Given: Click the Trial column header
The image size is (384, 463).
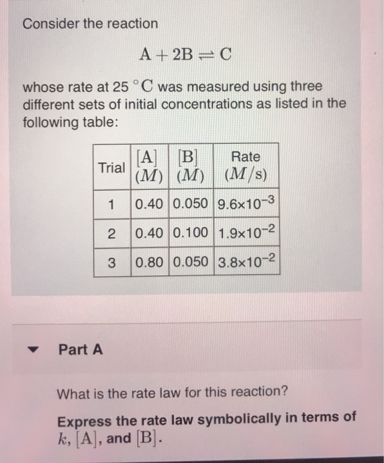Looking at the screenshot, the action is coord(111,167).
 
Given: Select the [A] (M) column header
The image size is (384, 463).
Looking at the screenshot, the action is coord(150,167).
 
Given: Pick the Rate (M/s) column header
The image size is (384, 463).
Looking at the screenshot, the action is coord(245,167).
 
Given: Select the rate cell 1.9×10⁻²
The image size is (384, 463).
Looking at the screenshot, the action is coord(245,233).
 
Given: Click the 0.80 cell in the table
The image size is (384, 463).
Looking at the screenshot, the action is coord(150,263).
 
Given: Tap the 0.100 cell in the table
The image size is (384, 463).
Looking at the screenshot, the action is coord(191,233).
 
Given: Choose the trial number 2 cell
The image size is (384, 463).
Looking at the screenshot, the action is coord(111,233).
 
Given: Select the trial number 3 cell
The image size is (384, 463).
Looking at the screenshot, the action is coord(111,263).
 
